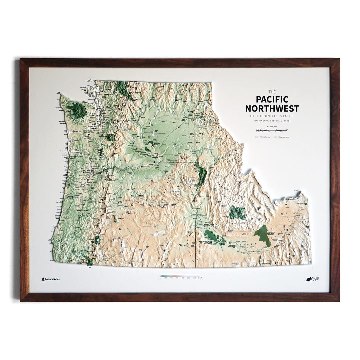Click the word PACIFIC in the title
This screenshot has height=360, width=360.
[x=272, y=99]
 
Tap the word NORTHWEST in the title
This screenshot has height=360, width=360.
[x=272, y=108]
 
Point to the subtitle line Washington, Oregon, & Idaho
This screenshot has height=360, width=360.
[x=272, y=120]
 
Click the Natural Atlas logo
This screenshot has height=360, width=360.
[x=51, y=279]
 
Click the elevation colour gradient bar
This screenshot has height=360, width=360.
[x=180, y=276]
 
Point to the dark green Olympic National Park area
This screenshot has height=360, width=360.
[x=76, y=109]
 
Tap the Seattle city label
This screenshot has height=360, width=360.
[x=99, y=116]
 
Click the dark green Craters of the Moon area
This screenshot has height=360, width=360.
[x=262, y=236]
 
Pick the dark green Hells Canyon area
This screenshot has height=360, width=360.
[x=201, y=174]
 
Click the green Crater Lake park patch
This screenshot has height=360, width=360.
[x=98, y=239]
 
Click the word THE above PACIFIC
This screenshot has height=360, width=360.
[x=272, y=92]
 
